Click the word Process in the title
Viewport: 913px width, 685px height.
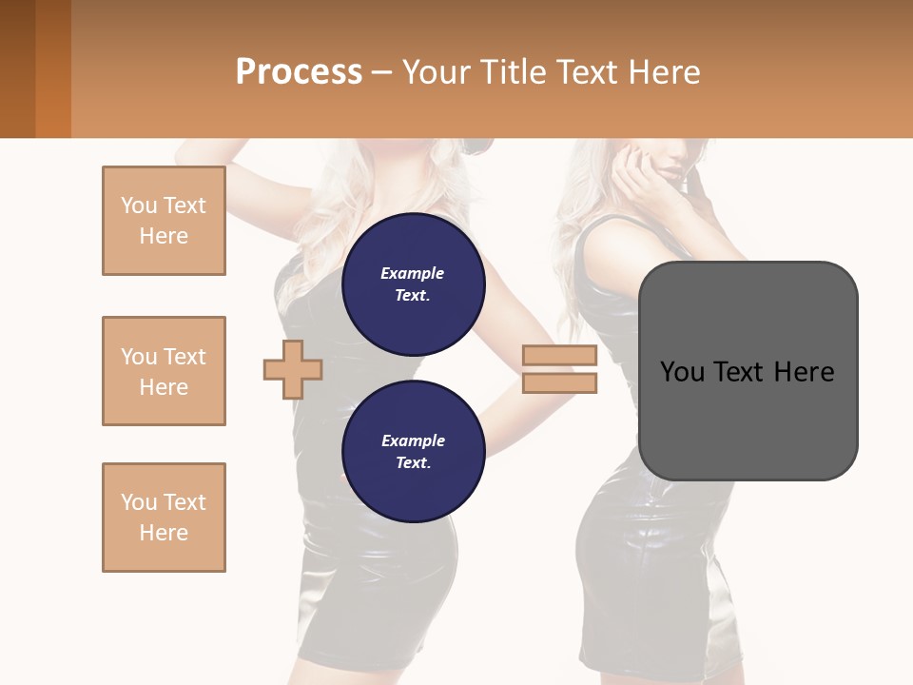[x=299, y=72]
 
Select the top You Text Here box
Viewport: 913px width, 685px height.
[x=164, y=221]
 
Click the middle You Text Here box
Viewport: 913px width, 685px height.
[x=164, y=371]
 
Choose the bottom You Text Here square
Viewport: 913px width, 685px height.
[x=164, y=518]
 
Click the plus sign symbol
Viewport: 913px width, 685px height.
[x=293, y=369]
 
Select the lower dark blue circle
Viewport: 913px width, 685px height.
[x=413, y=451]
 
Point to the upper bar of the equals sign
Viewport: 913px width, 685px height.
[x=559, y=356]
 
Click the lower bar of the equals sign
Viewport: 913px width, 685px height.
[x=559, y=382]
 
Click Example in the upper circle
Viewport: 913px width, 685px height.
[x=413, y=273]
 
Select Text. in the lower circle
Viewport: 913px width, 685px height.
[x=413, y=462]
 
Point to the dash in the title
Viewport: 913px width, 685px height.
[x=382, y=72]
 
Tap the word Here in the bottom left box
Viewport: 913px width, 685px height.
[x=164, y=533]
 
